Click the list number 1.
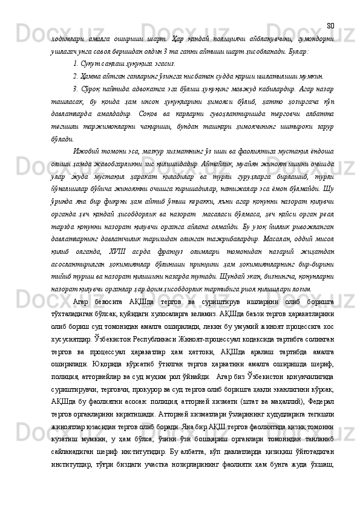74,63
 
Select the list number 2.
74,77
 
